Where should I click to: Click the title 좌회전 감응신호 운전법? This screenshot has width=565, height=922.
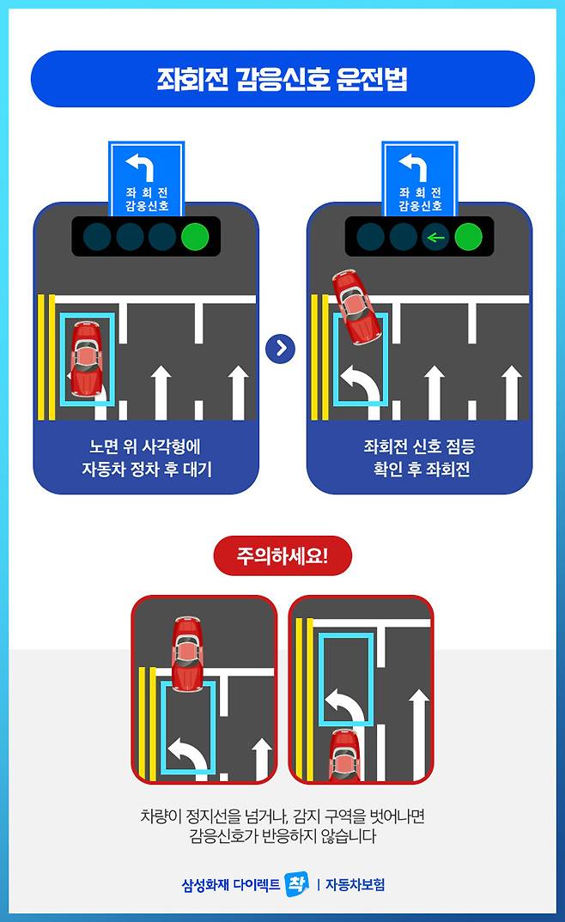point(282,79)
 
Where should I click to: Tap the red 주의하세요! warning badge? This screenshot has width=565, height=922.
point(282,555)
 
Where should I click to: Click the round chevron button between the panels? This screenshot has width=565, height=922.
point(281,349)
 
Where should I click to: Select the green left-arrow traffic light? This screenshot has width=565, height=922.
point(435,238)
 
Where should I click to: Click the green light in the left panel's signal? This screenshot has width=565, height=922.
point(195,236)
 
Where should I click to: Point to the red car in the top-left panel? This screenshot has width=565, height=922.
point(86,358)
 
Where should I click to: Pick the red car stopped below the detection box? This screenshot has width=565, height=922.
point(344,755)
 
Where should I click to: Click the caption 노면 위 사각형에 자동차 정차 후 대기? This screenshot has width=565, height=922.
point(146,458)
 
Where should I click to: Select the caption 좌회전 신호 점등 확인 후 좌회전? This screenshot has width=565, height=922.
point(420,458)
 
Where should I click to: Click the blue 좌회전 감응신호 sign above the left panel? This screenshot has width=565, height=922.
point(146,179)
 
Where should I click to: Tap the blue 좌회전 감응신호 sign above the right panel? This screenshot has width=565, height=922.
point(420,179)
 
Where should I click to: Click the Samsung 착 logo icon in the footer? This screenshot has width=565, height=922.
point(296,883)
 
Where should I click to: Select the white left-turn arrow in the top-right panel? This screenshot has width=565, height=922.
point(360,388)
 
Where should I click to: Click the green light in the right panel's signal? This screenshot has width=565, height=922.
point(468,237)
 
